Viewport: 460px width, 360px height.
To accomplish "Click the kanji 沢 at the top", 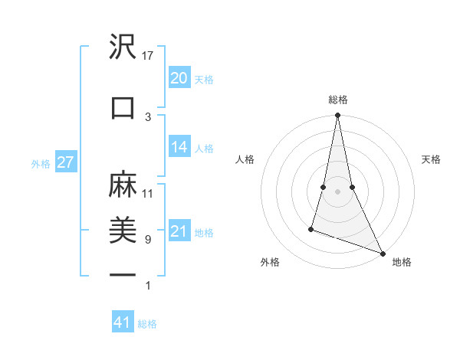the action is click(123, 47).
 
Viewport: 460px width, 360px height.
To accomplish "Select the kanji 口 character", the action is click(123, 108).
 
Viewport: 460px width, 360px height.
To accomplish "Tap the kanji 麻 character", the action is click(123, 185).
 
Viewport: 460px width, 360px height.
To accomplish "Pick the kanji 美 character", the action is click(123, 229).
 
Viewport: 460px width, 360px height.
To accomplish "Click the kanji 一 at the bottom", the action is click(123, 274).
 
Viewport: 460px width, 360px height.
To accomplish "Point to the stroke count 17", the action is click(148, 56).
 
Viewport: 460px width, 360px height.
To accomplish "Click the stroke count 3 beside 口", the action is click(148, 116).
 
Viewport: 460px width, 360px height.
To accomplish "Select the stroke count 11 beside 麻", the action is click(148, 193).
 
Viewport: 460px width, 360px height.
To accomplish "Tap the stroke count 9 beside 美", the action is click(148, 239).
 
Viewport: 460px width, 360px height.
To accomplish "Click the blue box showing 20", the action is click(179, 78).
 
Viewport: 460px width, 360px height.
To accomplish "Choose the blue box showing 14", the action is click(179, 147).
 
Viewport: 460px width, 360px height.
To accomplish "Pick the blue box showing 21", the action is click(179, 231).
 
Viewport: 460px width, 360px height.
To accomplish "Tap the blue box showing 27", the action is click(65, 162).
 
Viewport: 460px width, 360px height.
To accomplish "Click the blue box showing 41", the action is click(123, 322).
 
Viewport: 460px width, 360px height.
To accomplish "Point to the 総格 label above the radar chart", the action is click(337, 100).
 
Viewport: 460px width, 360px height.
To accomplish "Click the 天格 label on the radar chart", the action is click(431, 159).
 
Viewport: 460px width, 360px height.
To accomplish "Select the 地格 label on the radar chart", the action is click(402, 262).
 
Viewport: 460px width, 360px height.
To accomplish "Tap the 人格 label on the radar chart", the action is click(245, 159).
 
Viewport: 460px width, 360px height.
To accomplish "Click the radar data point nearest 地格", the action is click(382, 253).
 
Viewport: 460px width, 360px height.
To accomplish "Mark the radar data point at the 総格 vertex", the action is click(337, 116).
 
